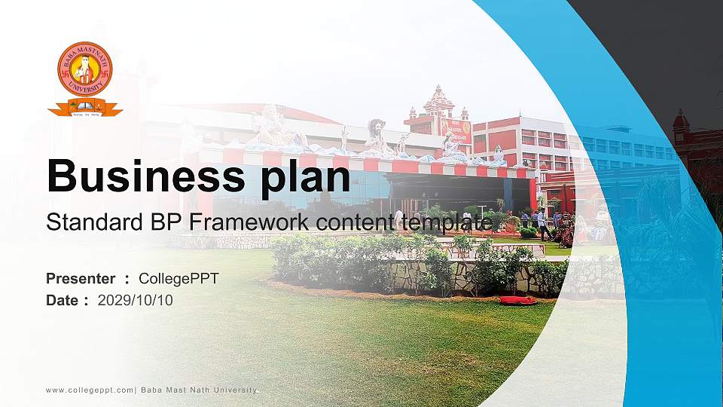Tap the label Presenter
click(81, 279)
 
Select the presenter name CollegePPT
click(178, 279)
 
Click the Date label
click(62, 300)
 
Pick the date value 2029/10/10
click(136, 300)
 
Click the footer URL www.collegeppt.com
click(90, 390)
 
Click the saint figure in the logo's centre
click(85, 70)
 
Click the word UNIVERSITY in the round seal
click(85, 89)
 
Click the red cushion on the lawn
click(518, 300)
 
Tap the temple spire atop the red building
click(438, 98)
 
